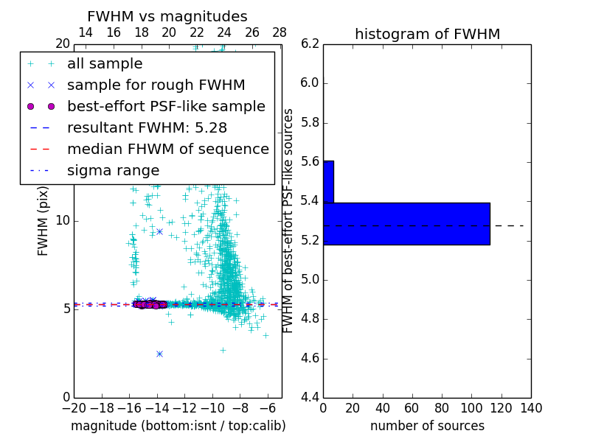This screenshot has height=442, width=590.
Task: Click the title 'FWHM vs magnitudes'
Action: point(167,17)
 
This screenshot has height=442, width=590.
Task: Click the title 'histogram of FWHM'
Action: point(427,34)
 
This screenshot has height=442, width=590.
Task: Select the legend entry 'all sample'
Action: point(105,64)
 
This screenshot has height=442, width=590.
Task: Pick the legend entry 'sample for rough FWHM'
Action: point(156,85)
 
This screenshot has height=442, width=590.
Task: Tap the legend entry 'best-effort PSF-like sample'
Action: point(166,106)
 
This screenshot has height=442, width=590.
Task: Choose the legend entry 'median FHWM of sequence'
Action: point(167,149)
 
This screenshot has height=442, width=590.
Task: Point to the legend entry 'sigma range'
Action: point(113,170)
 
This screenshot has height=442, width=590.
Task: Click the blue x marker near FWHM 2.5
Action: point(159,354)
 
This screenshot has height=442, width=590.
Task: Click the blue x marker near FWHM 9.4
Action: point(159,231)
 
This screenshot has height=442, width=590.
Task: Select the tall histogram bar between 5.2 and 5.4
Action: point(406,223)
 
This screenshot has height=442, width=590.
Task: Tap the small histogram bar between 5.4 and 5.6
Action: point(328,181)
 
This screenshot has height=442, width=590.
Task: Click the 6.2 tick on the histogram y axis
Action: point(310,43)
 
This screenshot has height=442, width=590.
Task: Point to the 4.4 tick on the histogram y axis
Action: point(310,398)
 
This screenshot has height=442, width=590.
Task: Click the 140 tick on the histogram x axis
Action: point(531,408)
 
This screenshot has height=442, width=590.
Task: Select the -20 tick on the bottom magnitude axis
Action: point(74,408)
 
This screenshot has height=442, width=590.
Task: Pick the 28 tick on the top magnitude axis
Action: point(280,33)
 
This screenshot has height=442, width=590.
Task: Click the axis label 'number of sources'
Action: point(427,426)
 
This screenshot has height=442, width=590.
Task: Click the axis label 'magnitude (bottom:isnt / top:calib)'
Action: point(178,426)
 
